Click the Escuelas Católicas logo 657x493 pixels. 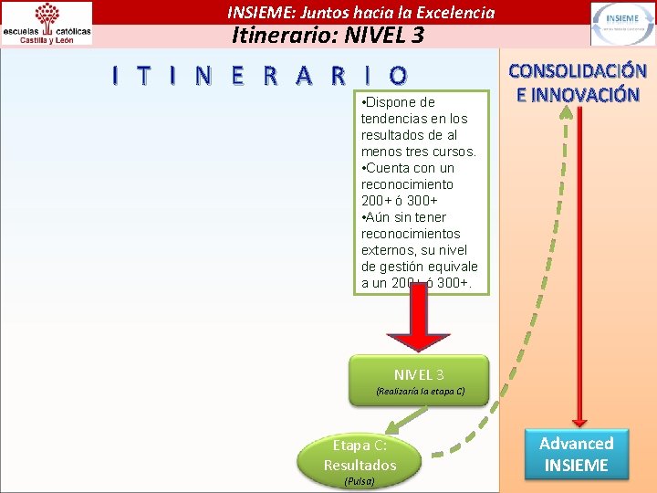click(47, 23)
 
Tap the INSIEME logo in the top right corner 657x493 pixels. click(621, 23)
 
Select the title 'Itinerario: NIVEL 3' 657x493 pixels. click(328, 36)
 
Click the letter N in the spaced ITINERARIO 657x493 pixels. click(202, 76)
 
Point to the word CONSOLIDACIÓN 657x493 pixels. click(577, 71)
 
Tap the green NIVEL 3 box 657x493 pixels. click(419, 381)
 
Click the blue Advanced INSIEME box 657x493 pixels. click(576, 454)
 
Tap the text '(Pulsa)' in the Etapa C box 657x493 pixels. click(359, 480)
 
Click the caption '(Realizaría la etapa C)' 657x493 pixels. click(420, 393)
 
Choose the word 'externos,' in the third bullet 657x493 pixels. click(390, 250)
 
